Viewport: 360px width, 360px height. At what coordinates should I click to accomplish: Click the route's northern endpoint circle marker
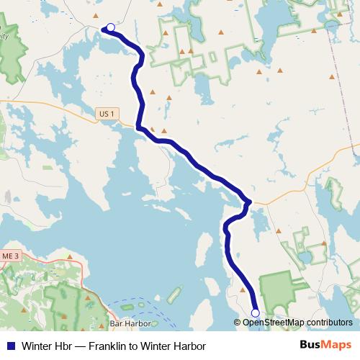coord(110,28)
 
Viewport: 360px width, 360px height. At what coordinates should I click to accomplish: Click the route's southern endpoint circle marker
coord(255,312)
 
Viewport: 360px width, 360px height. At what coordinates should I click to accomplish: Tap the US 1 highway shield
coord(107,113)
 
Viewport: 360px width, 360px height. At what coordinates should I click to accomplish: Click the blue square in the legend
coord(10,346)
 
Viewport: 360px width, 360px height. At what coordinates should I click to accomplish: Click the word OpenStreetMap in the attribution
coord(273,323)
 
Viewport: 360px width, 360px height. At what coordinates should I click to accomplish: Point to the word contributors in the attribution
coord(329,323)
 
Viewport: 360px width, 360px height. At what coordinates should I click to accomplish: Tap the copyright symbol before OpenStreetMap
coord(238,323)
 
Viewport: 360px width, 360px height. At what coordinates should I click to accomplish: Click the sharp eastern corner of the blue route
coord(248,202)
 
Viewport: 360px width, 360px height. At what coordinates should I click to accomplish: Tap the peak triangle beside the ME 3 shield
coord(70,256)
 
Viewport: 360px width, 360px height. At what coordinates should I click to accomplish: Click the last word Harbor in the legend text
coord(189,346)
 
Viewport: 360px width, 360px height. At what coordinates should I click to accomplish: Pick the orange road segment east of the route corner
coord(288,192)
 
